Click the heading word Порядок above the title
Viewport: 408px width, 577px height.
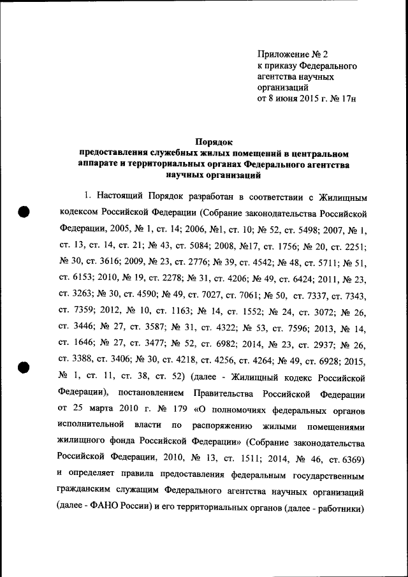[x=214, y=143]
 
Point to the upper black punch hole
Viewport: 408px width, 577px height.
[x=24, y=213]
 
